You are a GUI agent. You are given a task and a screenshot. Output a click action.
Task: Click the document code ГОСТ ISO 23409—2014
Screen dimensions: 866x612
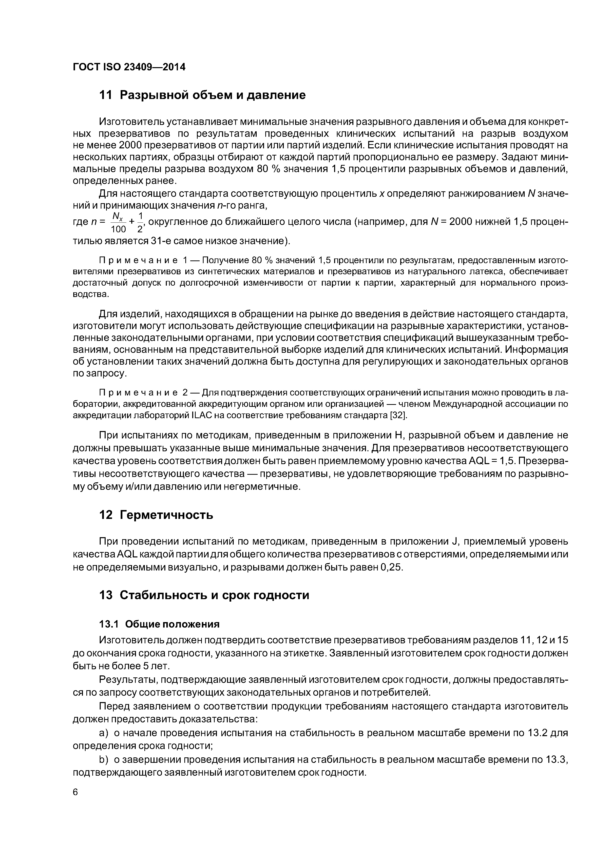click(x=129, y=67)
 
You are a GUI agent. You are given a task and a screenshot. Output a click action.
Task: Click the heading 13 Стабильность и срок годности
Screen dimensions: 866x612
click(x=204, y=595)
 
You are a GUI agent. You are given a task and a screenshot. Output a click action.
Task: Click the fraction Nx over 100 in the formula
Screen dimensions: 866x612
click(x=118, y=222)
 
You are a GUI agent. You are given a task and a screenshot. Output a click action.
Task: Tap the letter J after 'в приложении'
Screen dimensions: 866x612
click(x=454, y=542)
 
